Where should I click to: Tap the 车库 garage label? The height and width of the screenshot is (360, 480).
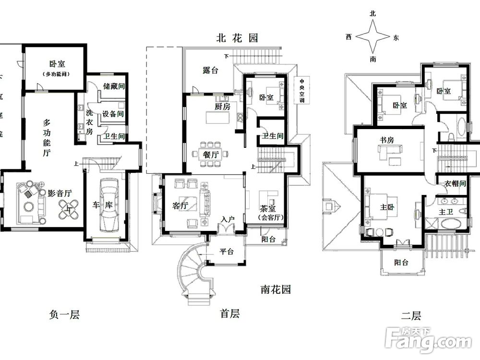pos(102,205)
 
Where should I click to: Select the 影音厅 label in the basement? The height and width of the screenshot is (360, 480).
pos(60,193)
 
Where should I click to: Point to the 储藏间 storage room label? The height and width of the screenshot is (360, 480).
pos(114,87)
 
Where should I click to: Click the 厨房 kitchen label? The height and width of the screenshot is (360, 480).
pos(222,107)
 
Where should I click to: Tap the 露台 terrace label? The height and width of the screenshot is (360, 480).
pos(210,71)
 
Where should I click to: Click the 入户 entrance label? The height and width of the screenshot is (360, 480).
pos(227,219)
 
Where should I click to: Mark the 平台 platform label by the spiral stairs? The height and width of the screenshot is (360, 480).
pos(226,252)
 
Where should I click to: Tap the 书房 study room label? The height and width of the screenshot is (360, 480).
pos(387,140)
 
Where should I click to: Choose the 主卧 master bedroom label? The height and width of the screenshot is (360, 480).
pos(387,207)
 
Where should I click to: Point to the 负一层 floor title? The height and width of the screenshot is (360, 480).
pos(64,315)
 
